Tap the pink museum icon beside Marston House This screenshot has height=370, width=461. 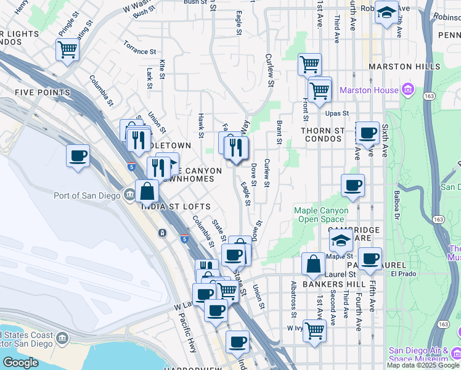point(407,91)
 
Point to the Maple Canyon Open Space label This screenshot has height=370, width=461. point(321,215)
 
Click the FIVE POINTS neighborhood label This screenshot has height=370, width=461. point(43,92)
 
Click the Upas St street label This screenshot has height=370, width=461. point(337,113)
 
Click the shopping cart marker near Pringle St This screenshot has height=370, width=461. point(68,49)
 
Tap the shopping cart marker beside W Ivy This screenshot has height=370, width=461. point(314,331)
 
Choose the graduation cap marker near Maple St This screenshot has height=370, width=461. point(341,241)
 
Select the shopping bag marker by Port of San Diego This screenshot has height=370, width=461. point(148,191)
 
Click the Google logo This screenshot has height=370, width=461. point(20,363)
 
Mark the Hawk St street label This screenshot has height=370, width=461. point(201,123)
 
